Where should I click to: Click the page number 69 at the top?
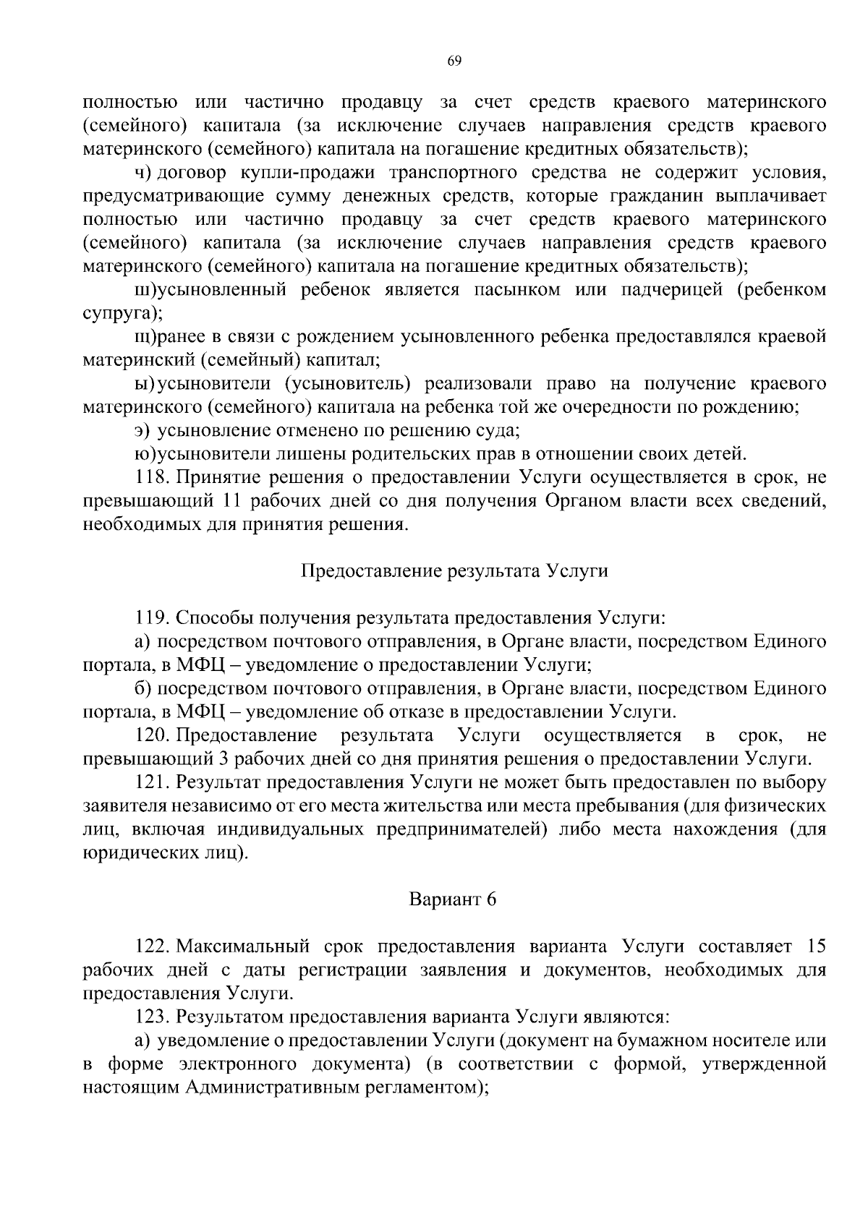(454, 61)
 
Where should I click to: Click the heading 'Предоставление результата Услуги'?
(454, 570)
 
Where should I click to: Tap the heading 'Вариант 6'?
(454, 899)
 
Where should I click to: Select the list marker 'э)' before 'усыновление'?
(142, 431)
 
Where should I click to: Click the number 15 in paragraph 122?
(815, 946)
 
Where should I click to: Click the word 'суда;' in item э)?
(501, 431)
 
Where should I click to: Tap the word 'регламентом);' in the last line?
(427, 1087)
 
